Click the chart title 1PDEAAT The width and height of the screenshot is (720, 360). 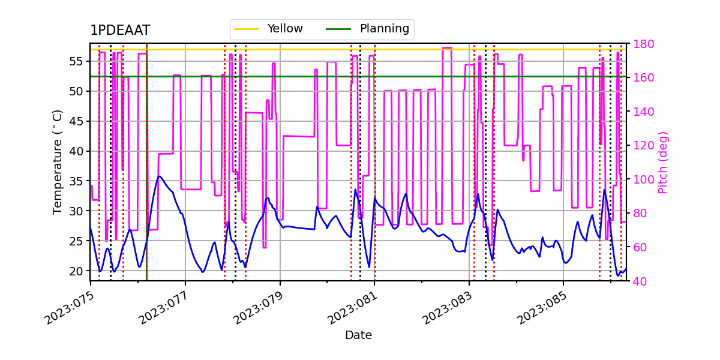click(120, 31)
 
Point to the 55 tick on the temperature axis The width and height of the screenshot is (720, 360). click(78, 61)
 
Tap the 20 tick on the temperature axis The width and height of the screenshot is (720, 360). click(78, 271)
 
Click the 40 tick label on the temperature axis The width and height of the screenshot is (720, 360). click(78, 151)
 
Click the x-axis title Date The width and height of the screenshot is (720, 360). click(358, 335)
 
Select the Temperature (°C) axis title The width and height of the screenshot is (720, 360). click(58, 161)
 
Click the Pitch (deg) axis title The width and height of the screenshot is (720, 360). click(662, 162)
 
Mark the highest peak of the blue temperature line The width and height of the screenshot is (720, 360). click(159, 176)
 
